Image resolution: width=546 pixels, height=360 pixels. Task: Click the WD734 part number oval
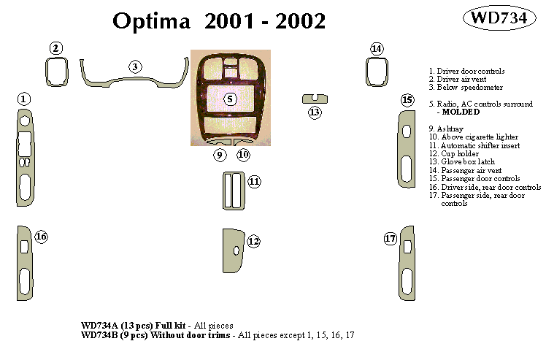[501, 19]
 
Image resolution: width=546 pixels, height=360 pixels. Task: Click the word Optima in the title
[153, 22]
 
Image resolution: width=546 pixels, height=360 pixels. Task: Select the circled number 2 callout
[56, 48]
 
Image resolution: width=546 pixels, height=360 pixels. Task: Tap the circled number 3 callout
[135, 67]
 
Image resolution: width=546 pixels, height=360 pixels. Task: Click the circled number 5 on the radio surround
[230, 99]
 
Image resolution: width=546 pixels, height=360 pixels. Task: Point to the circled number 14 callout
[376, 49]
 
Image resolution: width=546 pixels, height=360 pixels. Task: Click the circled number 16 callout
[41, 237]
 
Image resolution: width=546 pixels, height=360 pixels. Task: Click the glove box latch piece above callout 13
[315, 99]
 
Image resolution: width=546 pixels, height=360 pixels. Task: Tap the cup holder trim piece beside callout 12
[234, 252]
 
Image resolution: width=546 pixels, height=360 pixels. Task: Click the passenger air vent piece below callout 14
[376, 72]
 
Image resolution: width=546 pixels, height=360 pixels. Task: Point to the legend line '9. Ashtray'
[447, 129]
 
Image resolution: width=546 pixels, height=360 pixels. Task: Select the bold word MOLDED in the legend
[460, 112]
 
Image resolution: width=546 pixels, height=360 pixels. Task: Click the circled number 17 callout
[390, 239]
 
